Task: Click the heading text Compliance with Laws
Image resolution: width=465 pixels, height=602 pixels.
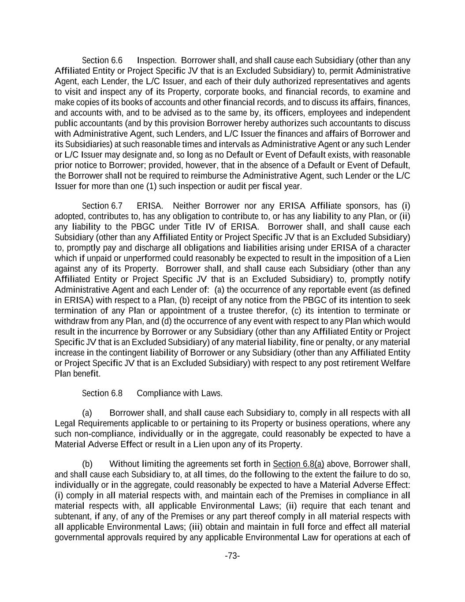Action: click(x=179, y=393)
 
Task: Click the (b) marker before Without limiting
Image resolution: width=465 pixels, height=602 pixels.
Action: click(x=87, y=464)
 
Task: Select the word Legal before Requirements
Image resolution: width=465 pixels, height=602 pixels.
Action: click(x=65, y=424)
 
